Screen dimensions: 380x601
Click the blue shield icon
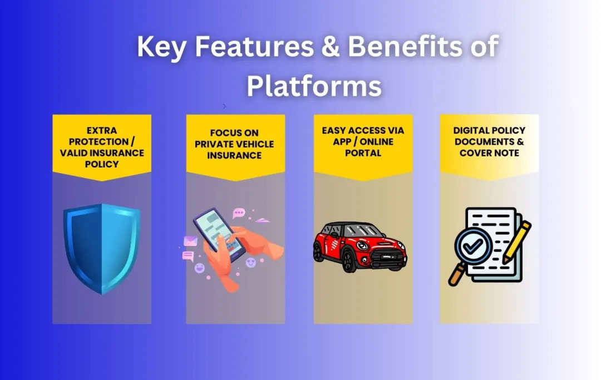[x=101, y=248]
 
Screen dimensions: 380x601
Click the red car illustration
[x=360, y=247]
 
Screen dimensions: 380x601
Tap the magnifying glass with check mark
[x=472, y=247]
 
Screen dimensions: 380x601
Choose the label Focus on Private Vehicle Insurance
[x=235, y=144]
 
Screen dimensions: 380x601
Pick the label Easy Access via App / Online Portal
[x=363, y=141]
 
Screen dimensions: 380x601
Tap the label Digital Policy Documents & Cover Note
[x=489, y=141]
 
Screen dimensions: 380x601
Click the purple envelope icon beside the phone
[x=191, y=241]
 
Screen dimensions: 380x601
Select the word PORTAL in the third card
[x=363, y=152]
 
